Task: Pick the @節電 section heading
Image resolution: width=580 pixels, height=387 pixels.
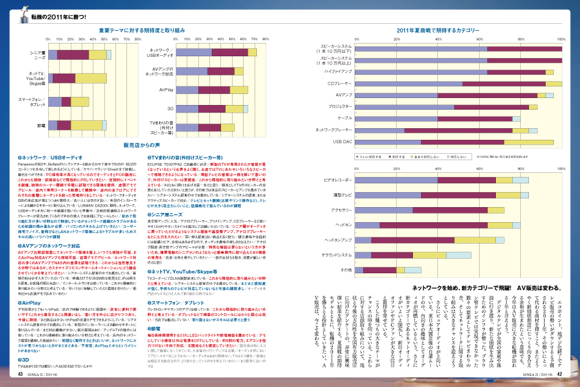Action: pyautogui.click(x=156, y=328)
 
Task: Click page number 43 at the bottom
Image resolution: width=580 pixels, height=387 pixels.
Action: pyautogui.click(x=20, y=374)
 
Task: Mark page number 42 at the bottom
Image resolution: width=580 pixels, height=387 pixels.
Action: pyautogui.click(x=560, y=374)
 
